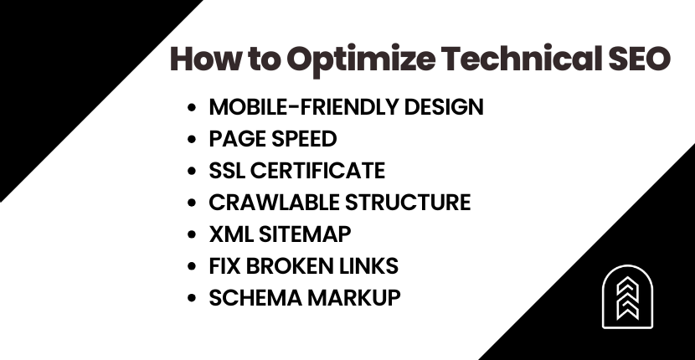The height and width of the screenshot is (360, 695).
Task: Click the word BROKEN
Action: pyautogui.click(x=293, y=266)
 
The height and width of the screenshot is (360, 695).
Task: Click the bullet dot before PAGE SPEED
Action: pyautogui.click(x=193, y=140)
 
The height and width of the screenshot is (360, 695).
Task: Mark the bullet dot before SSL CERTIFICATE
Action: pyautogui.click(x=193, y=172)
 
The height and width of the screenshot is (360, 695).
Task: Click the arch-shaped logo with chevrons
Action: pyautogui.click(x=627, y=297)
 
